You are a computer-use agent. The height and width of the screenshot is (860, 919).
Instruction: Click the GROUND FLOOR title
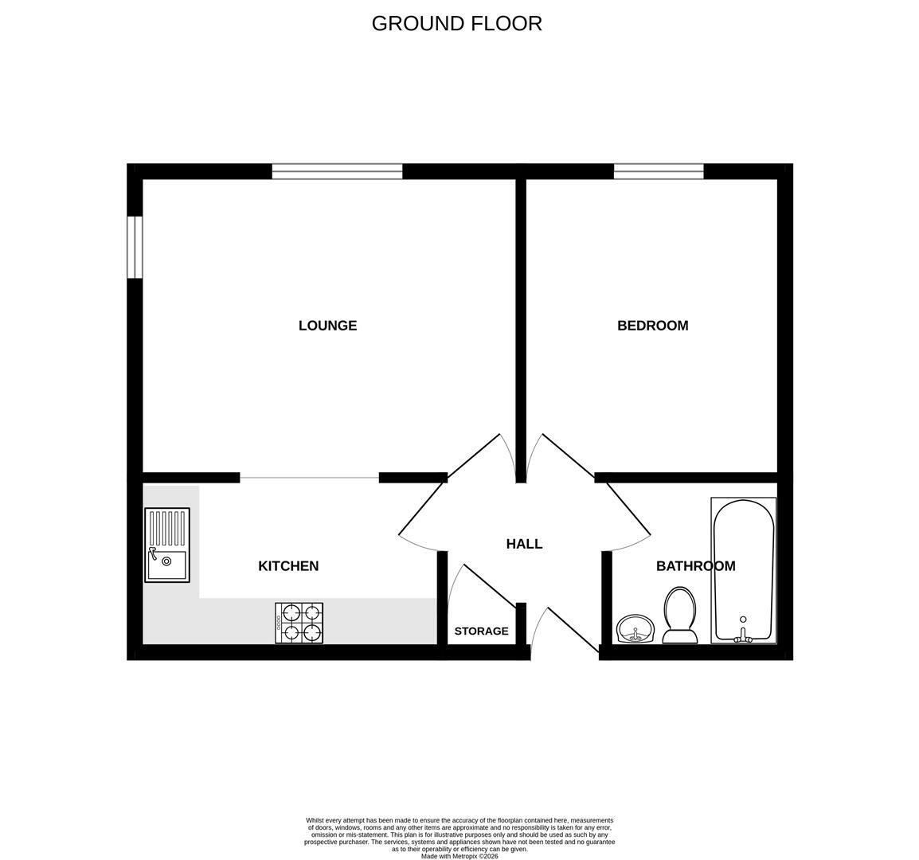point(456,23)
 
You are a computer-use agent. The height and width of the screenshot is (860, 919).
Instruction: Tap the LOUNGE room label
point(327,326)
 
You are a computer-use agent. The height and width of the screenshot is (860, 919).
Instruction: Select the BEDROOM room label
point(653,326)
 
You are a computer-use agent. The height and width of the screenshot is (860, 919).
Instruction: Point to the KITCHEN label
point(288,565)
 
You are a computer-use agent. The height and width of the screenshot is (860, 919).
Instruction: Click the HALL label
point(525,544)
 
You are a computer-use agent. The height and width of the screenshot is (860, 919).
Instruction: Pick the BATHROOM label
point(696,565)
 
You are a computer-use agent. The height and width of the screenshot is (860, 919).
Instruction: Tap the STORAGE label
point(481,631)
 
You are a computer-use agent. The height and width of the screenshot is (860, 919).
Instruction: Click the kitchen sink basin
point(167,565)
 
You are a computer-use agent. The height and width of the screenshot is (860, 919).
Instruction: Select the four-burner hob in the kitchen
point(299,623)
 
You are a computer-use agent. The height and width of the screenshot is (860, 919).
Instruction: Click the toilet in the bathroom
point(680,616)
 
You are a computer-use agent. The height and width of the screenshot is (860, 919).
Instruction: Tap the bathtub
point(743,570)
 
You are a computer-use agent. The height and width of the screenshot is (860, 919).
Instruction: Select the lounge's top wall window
point(337,171)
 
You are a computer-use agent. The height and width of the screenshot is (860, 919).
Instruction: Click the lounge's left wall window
point(135,247)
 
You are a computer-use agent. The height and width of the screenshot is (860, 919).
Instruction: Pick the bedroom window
point(659,171)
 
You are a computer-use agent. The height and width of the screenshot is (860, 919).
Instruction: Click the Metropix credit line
point(460,856)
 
